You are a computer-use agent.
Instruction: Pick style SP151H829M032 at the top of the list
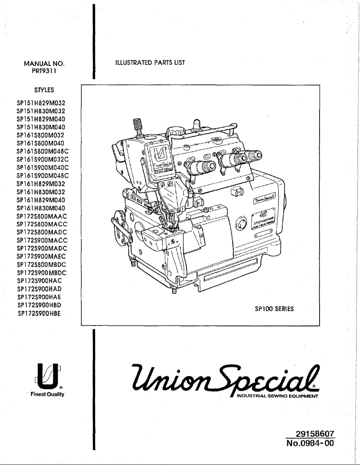tap(41, 103)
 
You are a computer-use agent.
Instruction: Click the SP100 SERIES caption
tap(274, 309)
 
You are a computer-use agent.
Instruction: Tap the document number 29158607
tap(315, 434)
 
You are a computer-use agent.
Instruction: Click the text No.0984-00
tap(311, 444)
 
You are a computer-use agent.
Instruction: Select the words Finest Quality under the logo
tap(48, 395)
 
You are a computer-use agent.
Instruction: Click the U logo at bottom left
tap(48, 376)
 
